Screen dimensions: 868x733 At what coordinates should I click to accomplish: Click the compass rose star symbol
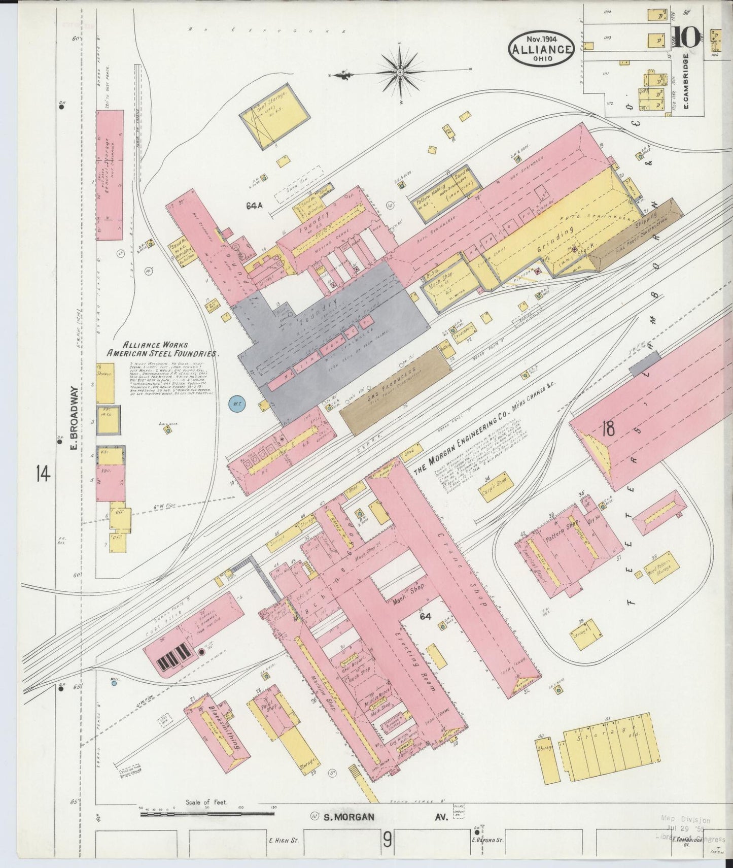tap(400, 73)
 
